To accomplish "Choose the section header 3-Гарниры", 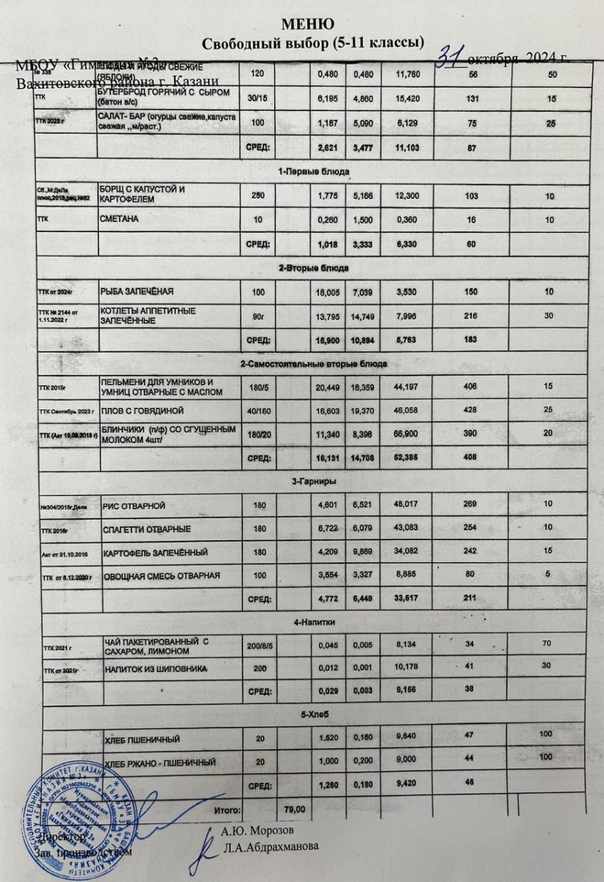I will pyautogui.click(x=316, y=482).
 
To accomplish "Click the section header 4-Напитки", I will pyautogui.click(x=315, y=622).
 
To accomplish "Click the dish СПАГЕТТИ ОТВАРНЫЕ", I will pyautogui.click(x=147, y=529).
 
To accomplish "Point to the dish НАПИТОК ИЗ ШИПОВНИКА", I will pyautogui.click(x=154, y=670).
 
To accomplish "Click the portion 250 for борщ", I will pyautogui.click(x=257, y=195).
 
